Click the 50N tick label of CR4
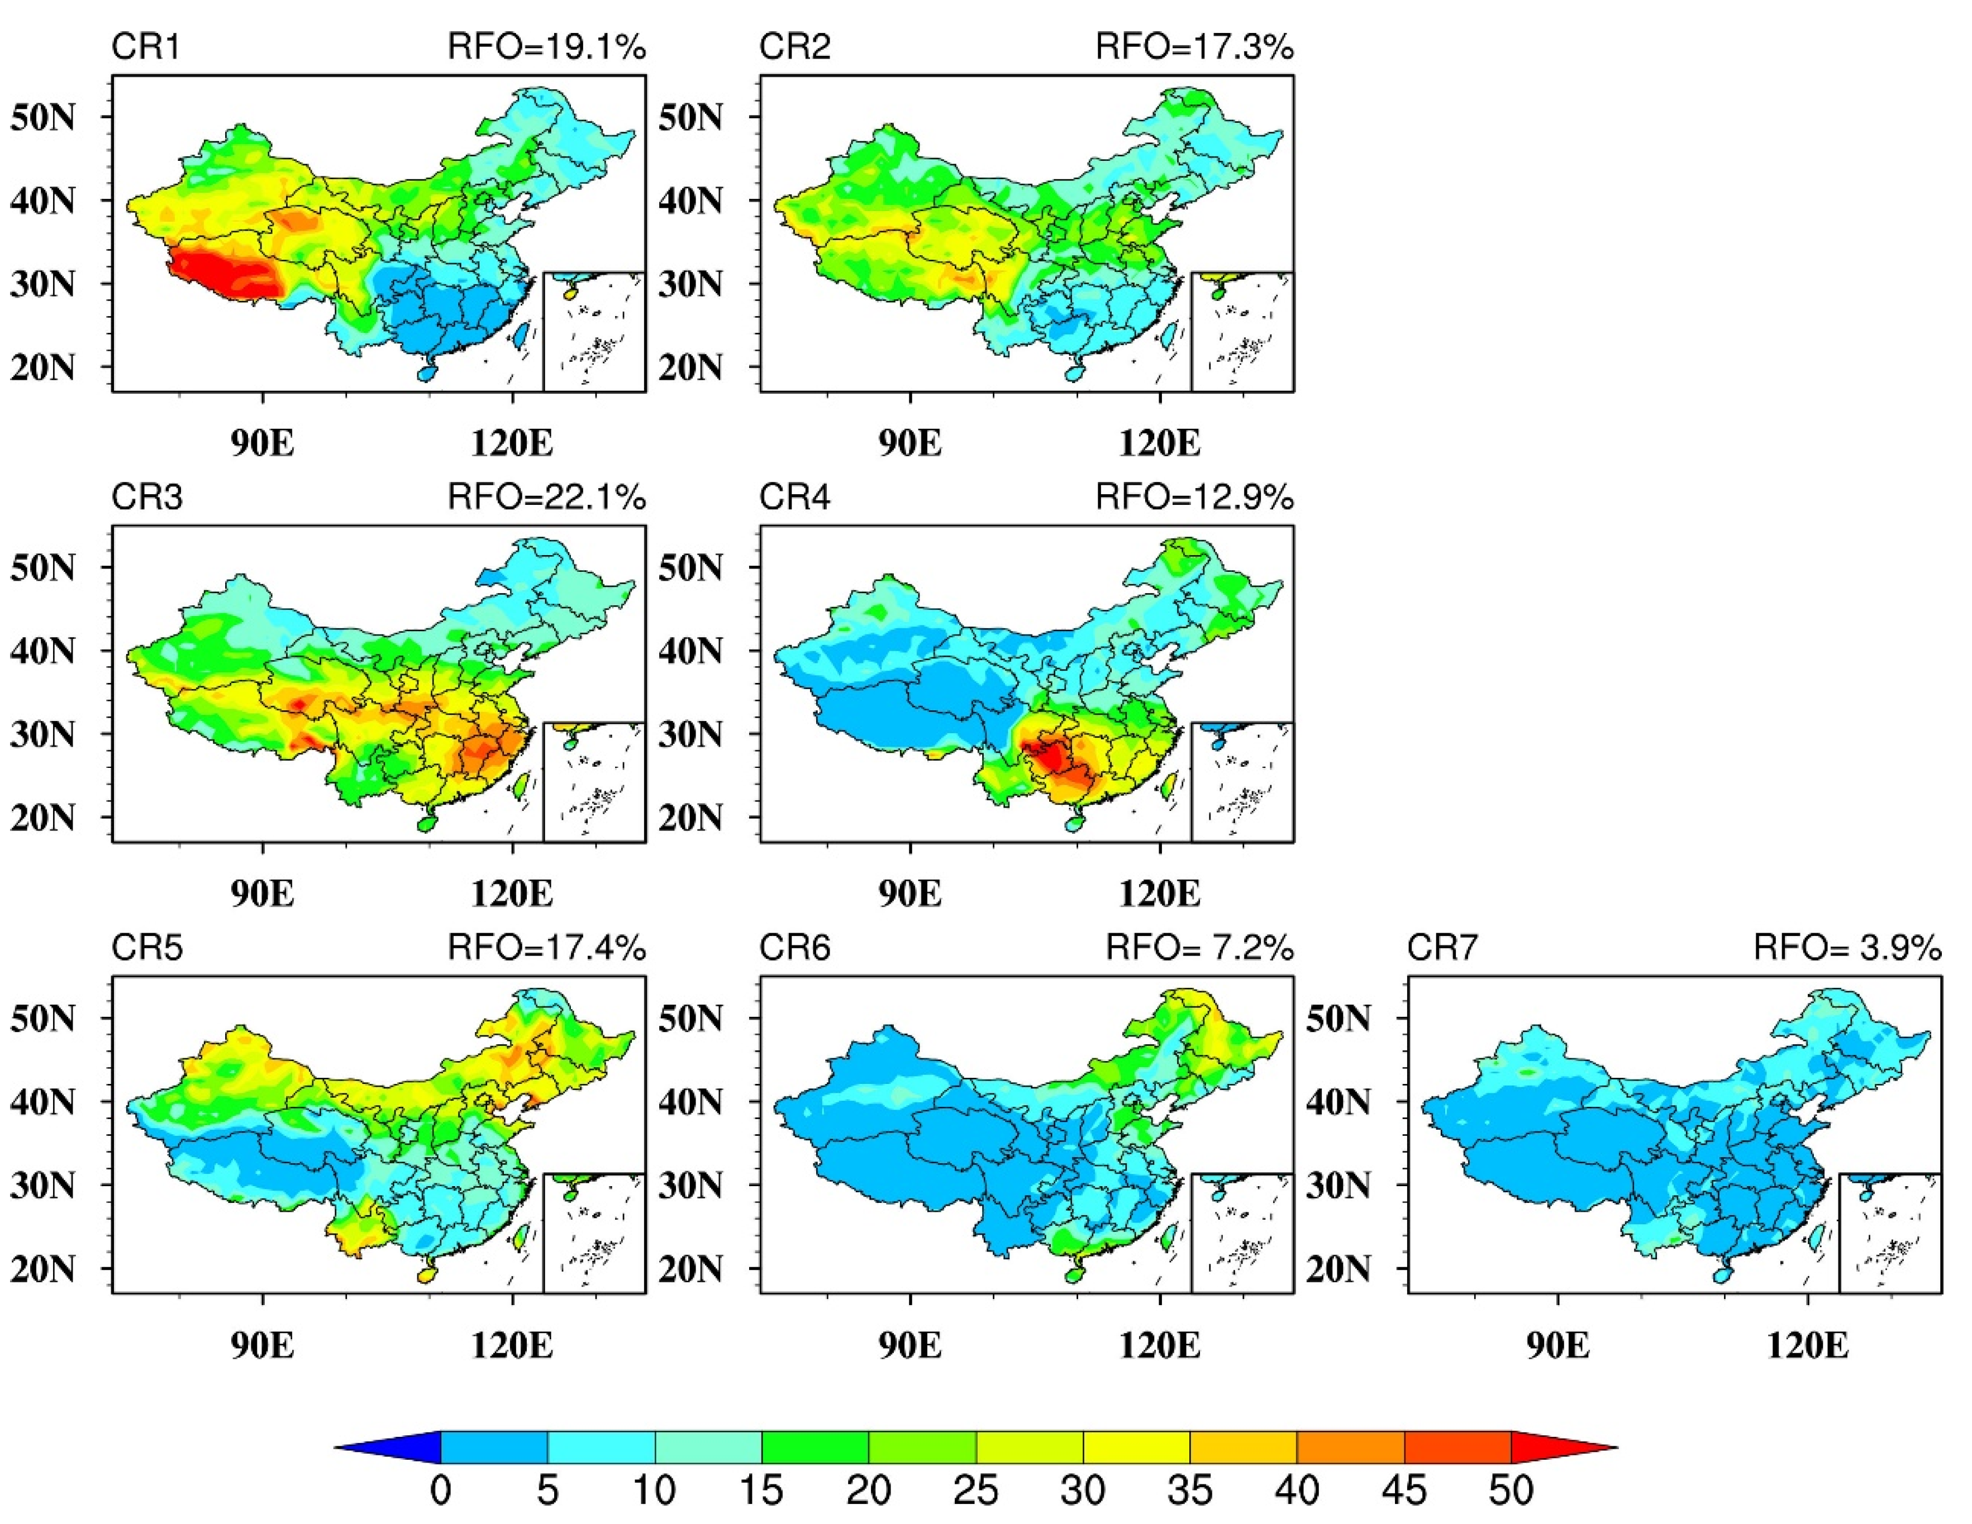click(690, 568)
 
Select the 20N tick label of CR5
click(42, 1269)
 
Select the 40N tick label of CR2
click(690, 200)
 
